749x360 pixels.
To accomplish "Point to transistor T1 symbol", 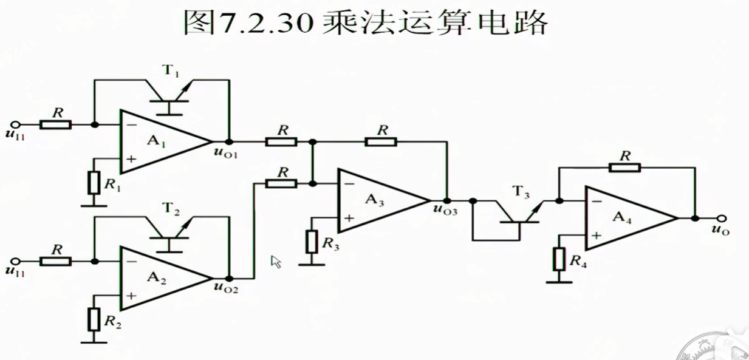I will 169,94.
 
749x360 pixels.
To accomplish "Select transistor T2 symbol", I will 169,231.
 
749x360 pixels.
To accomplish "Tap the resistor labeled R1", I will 94,183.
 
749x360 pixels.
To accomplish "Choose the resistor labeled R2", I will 94,319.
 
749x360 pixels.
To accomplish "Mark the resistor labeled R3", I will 312,242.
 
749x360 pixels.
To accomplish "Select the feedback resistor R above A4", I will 624,167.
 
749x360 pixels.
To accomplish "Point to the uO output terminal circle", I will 721,218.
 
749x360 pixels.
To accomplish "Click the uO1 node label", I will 225,152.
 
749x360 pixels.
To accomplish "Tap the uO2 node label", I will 225,289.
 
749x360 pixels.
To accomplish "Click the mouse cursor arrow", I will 276,262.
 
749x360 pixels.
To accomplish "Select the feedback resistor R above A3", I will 381,141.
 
